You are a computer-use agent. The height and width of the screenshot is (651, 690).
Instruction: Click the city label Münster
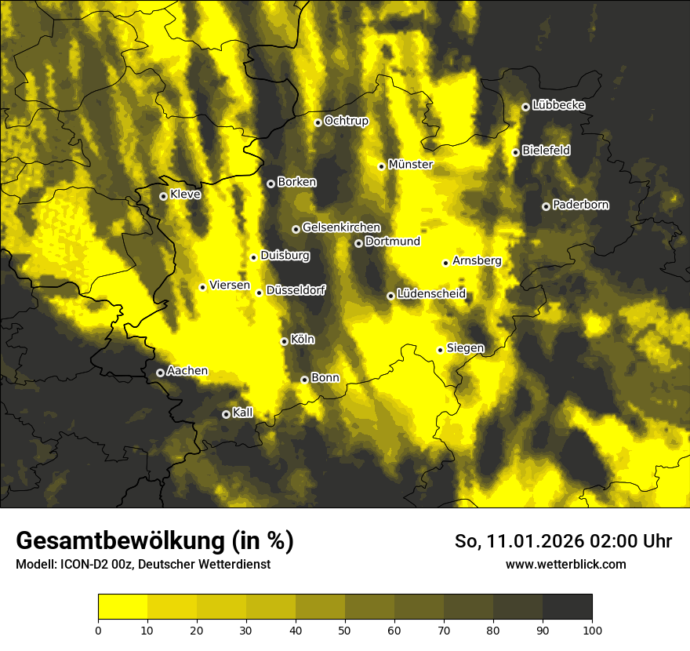411,165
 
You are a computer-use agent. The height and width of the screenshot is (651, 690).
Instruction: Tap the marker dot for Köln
284,341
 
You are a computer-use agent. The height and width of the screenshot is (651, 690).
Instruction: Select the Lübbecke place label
558,105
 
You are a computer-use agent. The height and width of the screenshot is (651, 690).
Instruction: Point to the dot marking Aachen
160,373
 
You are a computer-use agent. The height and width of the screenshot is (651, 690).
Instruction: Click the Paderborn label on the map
580,205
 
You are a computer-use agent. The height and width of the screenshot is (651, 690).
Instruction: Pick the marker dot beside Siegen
440,350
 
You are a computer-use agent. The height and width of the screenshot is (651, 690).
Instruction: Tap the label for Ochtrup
346,121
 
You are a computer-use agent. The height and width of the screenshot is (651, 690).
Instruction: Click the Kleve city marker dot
163,196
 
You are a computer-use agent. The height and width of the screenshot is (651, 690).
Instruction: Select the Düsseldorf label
296,290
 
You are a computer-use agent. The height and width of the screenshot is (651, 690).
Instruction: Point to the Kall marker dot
226,414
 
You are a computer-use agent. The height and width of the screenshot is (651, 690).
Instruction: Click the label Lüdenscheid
431,294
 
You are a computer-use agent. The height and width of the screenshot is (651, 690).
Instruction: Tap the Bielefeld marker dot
515,152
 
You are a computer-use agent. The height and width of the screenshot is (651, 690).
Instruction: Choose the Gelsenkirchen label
341,227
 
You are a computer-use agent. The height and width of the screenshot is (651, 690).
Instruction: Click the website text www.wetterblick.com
566,564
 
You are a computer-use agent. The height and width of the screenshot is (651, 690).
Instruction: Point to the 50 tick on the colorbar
345,629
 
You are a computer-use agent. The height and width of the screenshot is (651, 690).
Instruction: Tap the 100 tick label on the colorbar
592,629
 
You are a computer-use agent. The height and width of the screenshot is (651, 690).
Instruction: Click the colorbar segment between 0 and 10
122,606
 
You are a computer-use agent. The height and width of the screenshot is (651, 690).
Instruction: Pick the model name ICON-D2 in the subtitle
82,564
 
